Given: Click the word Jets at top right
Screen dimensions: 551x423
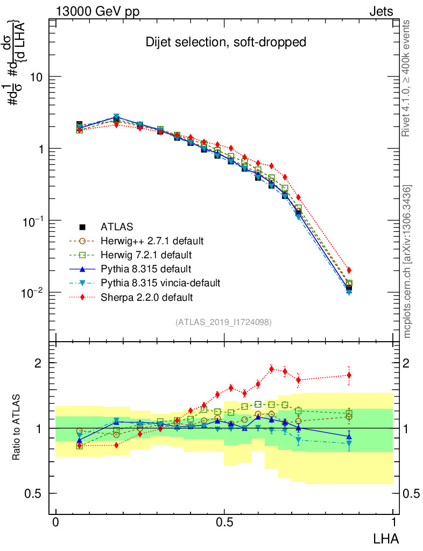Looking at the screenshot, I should (x=381, y=11).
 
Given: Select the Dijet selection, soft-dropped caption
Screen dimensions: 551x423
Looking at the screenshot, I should (x=226, y=42).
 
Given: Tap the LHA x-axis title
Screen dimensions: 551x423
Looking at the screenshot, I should (x=386, y=538).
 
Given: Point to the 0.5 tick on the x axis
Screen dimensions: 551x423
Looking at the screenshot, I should (x=224, y=522).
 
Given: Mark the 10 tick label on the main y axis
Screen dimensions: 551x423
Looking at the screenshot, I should (x=37, y=77).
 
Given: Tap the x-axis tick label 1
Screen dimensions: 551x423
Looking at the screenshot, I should (x=393, y=522).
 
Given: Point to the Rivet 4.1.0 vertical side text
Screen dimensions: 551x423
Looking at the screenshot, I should (x=407, y=78).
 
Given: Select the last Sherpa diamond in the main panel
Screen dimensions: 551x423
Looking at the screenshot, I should (x=349, y=270).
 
